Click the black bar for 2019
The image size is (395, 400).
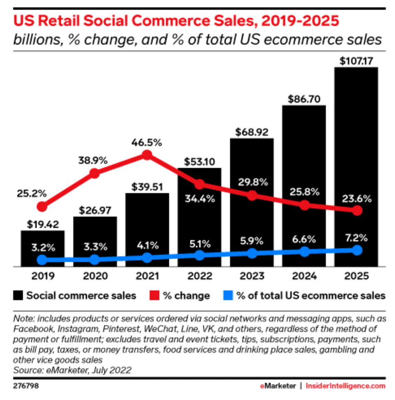[x=42, y=248]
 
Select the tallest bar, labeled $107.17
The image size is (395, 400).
[x=356, y=166]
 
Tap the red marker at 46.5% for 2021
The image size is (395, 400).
[x=147, y=155]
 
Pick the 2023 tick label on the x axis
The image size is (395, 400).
[x=251, y=276]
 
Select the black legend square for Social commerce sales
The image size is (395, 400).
[x=17, y=296]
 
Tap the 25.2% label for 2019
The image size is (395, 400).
[x=31, y=193]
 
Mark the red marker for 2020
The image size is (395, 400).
[x=94, y=173]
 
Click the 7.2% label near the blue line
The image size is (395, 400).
[x=356, y=238]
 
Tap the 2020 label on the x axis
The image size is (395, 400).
[x=94, y=276]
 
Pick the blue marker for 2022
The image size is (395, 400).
[x=199, y=255]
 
